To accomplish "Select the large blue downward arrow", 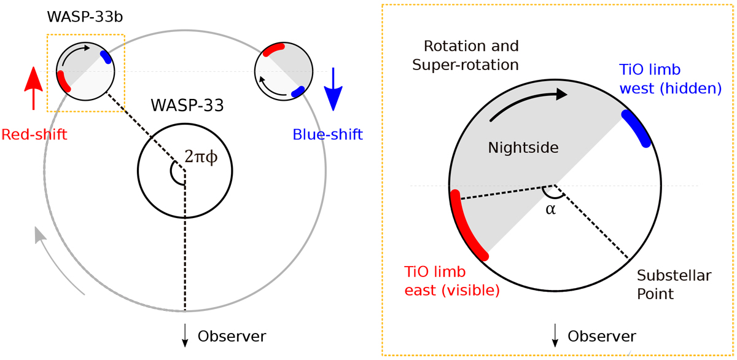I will click(x=332, y=89).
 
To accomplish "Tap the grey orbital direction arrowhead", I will click(x=39, y=233).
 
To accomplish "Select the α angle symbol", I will click(x=550, y=209).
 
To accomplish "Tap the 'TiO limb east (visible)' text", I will click(x=451, y=281).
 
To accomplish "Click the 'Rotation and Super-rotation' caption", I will click(x=471, y=55).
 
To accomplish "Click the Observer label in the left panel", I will click(x=232, y=336).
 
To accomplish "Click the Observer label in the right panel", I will click(x=602, y=336).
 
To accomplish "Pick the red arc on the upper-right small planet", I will click(x=273, y=49).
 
